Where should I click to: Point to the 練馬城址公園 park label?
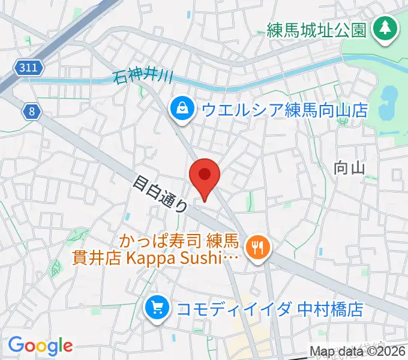click(316, 29)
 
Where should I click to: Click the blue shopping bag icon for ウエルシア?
click(181, 109)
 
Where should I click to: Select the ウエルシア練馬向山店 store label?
click(284, 110)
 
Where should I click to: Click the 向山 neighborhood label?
click(349, 169)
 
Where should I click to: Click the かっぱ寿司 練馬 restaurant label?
click(181, 243)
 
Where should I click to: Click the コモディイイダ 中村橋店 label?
click(271, 310)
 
